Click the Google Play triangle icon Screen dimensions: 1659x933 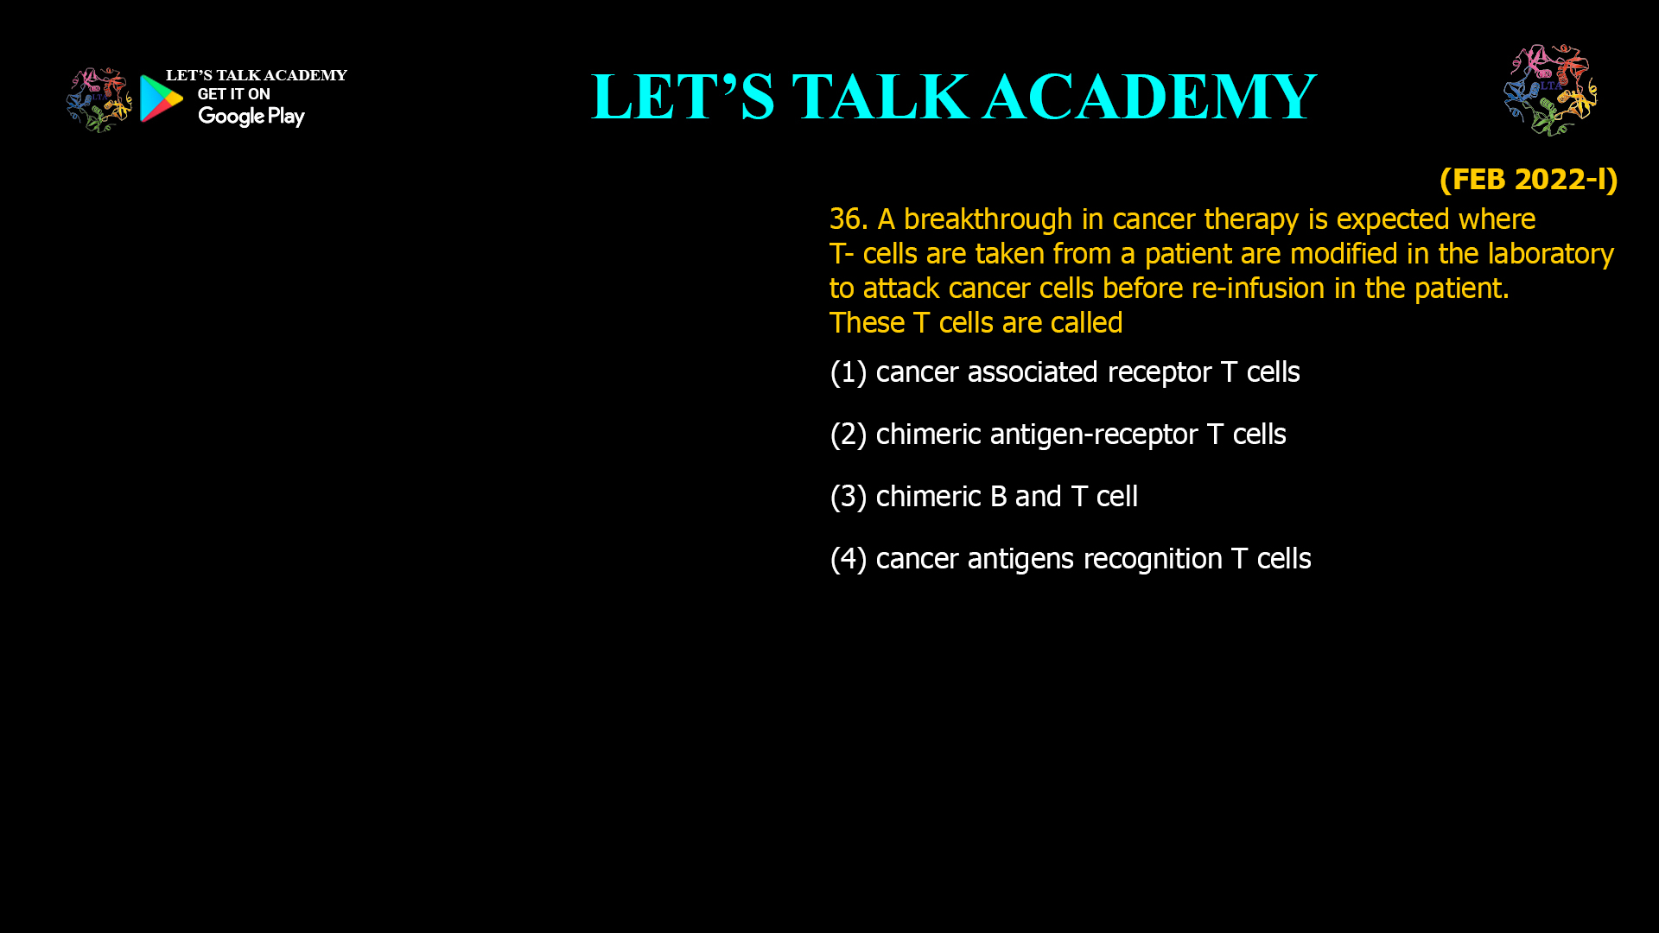click(161, 98)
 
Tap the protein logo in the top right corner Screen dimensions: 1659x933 click(1551, 90)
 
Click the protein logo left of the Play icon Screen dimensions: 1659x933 click(99, 100)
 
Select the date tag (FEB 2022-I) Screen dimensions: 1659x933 click(1529, 179)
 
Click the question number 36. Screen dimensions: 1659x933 click(849, 219)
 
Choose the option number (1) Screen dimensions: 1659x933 click(848, 372)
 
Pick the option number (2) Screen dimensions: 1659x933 click(848, 435)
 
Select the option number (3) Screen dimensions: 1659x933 click(848, 497)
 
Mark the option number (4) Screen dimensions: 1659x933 click(848, 559)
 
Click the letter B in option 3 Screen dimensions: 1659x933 click(998, 497)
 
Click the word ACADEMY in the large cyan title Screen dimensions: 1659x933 click(1149, 97)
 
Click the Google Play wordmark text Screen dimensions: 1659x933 click(251, 117)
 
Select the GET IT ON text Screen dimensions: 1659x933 click(233, 94)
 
